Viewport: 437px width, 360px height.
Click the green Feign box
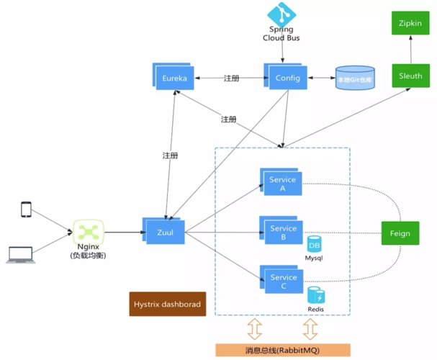click(x=400, y=233)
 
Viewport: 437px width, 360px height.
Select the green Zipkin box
click(x=410, y=23)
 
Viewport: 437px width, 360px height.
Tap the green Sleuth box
click(x=410, y=75)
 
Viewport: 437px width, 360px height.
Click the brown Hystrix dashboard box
click(x=166, y=304)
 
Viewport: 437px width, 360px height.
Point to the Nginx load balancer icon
click(x=89, y=232)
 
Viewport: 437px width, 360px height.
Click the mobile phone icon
click(x=26, y=210)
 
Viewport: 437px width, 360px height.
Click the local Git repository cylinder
click(x=354, y=78)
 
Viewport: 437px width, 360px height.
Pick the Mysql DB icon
click(x=315, y=246)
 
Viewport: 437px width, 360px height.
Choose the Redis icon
click(x=315, y=295)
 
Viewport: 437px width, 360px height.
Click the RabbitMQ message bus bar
click(x=283, y=350)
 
